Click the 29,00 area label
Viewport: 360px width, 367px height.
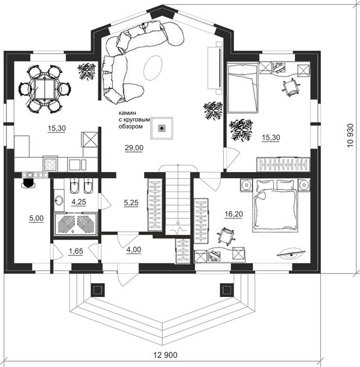pos(134,148)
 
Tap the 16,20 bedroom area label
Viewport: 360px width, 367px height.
pos(233,214)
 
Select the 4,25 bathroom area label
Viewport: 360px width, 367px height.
pos(79,202)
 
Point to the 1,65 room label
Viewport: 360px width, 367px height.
pos(76,251)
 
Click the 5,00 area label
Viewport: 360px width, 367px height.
pos(36,218)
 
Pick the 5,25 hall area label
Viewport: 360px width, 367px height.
pos(131,203)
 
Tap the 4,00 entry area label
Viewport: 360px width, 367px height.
pos(134,250)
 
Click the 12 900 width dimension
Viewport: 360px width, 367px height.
pos(165,355)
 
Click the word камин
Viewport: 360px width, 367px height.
pos(127,113)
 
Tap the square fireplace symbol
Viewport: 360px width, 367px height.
pos(162,128)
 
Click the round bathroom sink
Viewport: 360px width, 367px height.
pos(58,200)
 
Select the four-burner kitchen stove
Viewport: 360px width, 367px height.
pos(50,164)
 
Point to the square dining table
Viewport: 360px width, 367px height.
pos(45,89)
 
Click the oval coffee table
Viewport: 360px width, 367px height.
pos(153,68)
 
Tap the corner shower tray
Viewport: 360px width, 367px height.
pos(75,224)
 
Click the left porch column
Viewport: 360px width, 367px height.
pos(98,290)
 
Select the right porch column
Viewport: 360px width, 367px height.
pos(227,290)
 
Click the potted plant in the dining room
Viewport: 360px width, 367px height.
pos(87,71)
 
